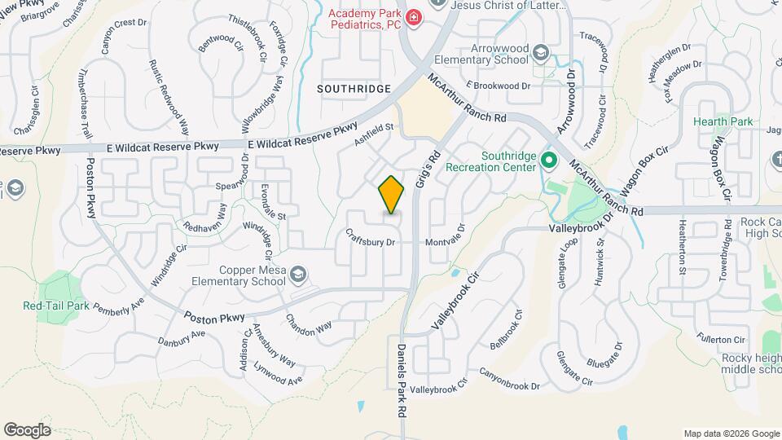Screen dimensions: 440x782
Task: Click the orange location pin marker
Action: (392, 195)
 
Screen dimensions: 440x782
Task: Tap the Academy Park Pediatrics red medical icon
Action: (414, 17)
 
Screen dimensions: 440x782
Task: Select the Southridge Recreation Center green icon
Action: (548, 159)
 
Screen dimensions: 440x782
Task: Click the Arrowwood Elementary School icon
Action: (540, 55)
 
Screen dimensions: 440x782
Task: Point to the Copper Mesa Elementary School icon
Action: (298, 274)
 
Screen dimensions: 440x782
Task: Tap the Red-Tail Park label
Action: (55, 306)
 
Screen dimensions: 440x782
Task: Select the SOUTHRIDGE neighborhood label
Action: (354, 88)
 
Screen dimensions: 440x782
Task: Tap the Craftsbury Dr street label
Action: (370, 242)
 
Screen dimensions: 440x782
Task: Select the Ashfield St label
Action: (374, 133)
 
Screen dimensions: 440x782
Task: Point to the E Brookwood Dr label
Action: (498, 85)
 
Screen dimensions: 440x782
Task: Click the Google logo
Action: (27, 429)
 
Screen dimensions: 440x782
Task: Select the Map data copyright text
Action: (730, 433)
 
